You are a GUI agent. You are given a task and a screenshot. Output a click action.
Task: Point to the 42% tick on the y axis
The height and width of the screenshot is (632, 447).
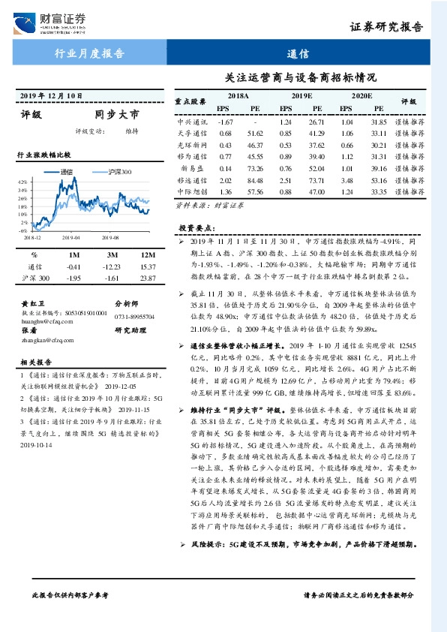[x=22, y=182]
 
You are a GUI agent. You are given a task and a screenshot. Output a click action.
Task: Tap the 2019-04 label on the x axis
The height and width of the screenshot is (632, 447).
[x=71, y=236]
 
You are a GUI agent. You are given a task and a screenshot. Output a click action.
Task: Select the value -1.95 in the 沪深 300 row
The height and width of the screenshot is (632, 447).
[x=73, y=278]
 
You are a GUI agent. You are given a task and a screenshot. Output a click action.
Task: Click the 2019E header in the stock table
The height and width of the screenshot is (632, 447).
[x=301, y=97]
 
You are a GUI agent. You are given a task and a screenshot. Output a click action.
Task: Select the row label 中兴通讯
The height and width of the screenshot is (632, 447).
[x=191, y=122]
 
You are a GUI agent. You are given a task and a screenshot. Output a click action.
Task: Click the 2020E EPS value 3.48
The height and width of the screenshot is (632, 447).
[x=346, y=180]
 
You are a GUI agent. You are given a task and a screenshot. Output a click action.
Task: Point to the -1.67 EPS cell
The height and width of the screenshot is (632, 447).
[x=224, y=122]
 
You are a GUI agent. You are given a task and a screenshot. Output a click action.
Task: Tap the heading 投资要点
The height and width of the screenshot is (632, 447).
[x=196, y=227]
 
